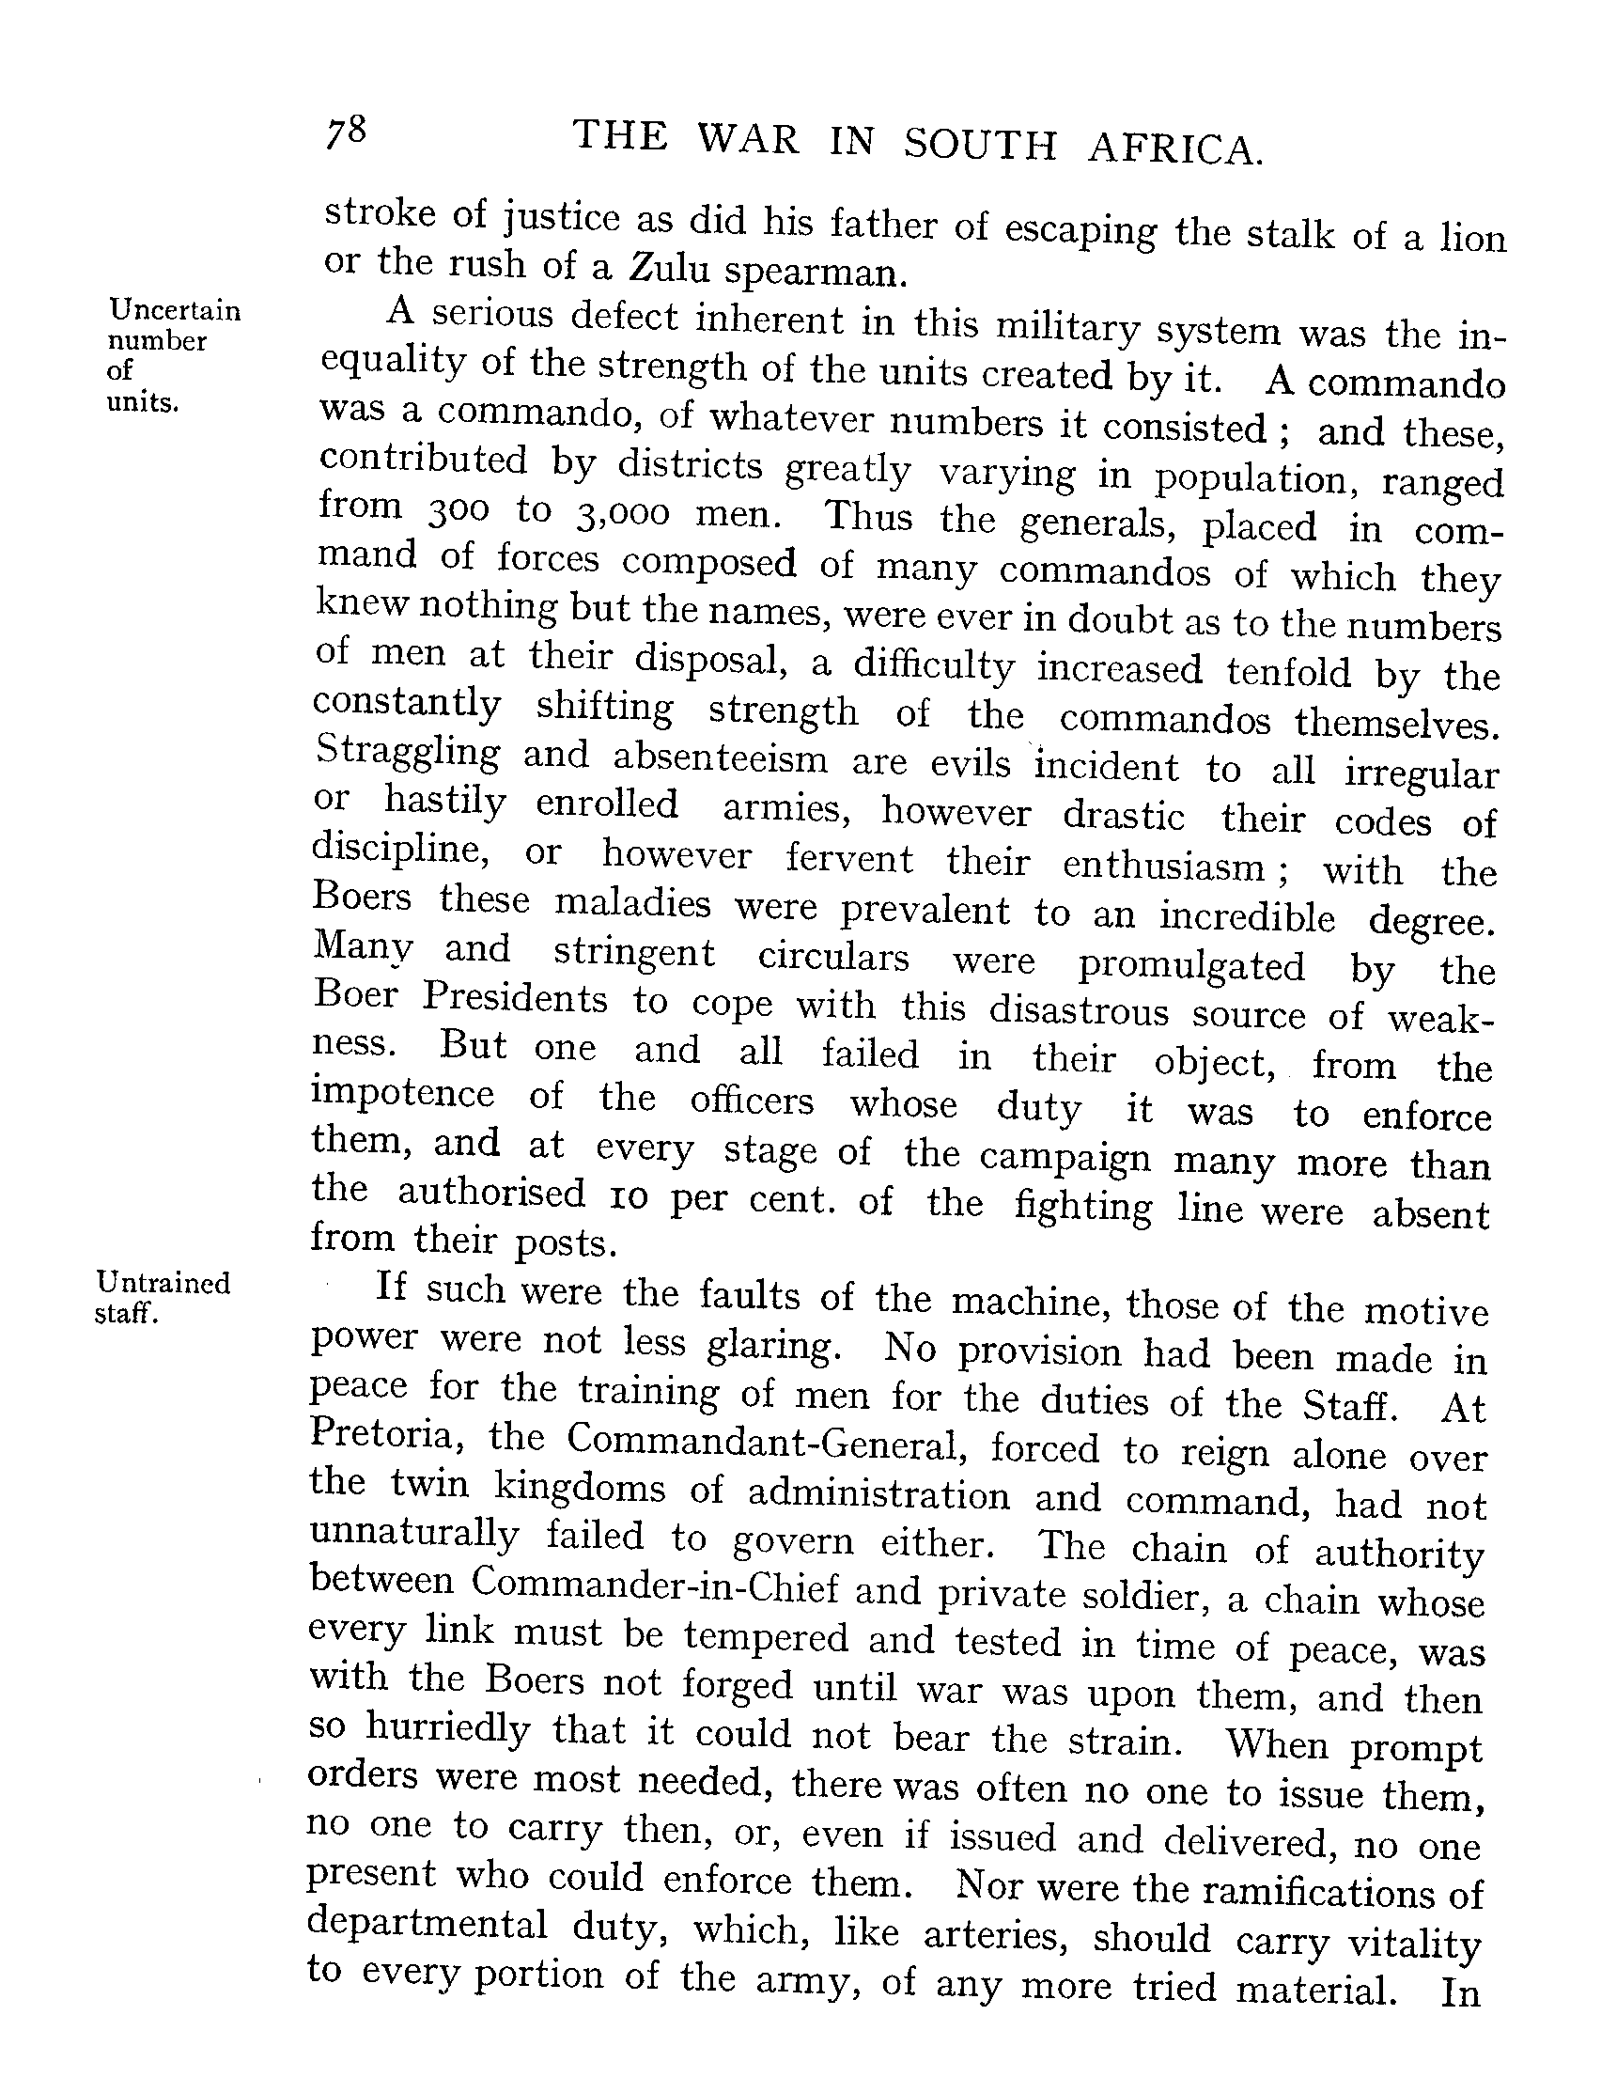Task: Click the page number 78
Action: (x=346, y=132)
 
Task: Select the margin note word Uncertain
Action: (x=176, y=310)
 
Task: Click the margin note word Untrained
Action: (x=163, y=1283)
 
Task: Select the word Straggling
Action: (x=408, y=754)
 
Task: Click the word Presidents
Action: (x=516, y=999)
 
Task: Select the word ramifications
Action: (x=1320, y=1890)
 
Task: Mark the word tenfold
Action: (x=1288, y=671)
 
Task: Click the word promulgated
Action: (x=1191, y=965)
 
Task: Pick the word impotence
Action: (x=403, y=1094)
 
